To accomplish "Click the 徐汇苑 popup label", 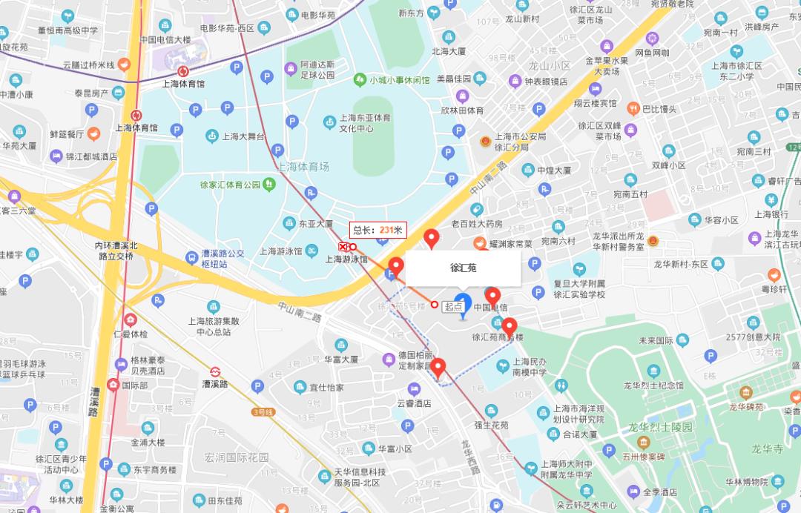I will click(x=464, y=268).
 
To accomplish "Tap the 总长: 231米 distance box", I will click(x=378, y=230).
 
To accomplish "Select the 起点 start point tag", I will click(x=453, y=305).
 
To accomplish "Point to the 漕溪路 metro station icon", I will click(x=214, y=371).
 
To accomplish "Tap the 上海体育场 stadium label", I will click(x=302, y=167).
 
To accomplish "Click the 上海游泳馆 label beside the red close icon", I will click(x=346, y=259).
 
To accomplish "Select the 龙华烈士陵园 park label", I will click(x=660, y=428).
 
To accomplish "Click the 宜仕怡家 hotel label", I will click(x=326, y=387).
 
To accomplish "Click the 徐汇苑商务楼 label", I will click(x=498, y=337).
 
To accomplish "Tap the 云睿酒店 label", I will click(x=414, y=404).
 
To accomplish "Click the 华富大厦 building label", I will click(x=340, y=360).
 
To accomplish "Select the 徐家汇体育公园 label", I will click(x=230, y=185).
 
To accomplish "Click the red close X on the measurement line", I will click(x=343, y=246).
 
